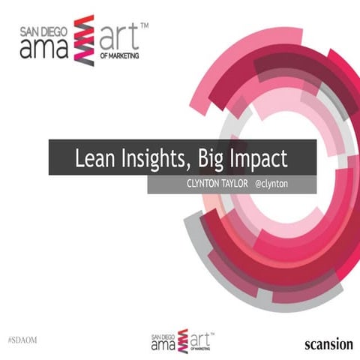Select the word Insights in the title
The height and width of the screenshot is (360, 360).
tap(148, 160)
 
